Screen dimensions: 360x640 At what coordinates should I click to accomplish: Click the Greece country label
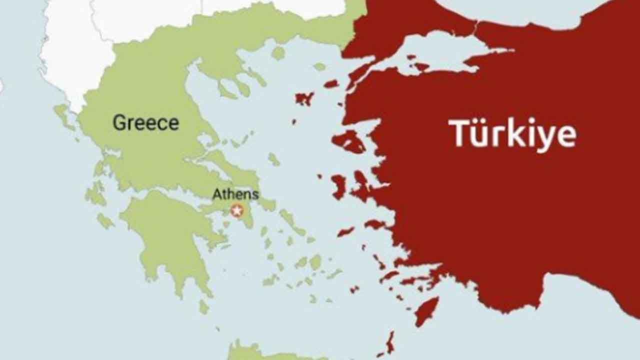click(x=145, y=122)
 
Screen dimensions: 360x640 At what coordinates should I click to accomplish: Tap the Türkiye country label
click(x=512, y=134)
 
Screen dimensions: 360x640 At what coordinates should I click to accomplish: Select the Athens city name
click(x=235, y=194)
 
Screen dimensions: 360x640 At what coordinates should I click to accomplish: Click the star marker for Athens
click(x=237, y=210)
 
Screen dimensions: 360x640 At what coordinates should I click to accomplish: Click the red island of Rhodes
click(x=426, y=310)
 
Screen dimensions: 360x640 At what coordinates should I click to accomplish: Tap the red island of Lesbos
click(x=348, y=141)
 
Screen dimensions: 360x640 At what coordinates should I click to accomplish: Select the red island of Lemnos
click(x=304, y=98)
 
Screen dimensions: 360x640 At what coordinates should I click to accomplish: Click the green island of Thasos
click(x=278, y=52)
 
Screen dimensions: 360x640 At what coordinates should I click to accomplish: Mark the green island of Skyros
click(x=273, y=159)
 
